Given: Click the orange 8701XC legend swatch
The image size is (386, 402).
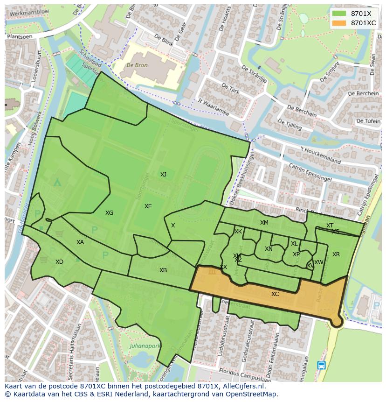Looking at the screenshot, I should tap(339, 23).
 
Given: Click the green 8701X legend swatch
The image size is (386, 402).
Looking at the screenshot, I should tap(339, 14).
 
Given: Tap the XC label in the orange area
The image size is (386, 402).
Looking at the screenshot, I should tap(275, 294).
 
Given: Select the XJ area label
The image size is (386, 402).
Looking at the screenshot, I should tap(163, 175).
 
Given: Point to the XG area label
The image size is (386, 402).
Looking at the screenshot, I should tap(109, 213).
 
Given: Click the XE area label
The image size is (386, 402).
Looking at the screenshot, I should tap(148, 206).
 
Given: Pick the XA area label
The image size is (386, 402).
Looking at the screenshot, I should tap(80, 242).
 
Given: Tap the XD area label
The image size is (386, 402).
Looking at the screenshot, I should tap(59, 262).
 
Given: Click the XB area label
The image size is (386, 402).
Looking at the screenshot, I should tap(163, 270).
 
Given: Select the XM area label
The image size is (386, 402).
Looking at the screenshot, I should tap(264, 223).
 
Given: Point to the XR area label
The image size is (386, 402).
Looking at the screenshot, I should tap(336, 254).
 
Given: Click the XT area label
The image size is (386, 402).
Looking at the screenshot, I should tap(330, 226).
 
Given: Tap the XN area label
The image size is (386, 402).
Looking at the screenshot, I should tap(269, 249).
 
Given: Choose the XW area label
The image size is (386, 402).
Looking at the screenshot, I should tap(318, 262).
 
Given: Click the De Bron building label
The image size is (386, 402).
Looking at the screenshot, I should tap(138, 66).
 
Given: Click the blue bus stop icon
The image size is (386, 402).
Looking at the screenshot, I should tap(321, 365).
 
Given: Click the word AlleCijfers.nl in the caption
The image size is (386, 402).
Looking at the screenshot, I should tap(243, 387).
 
